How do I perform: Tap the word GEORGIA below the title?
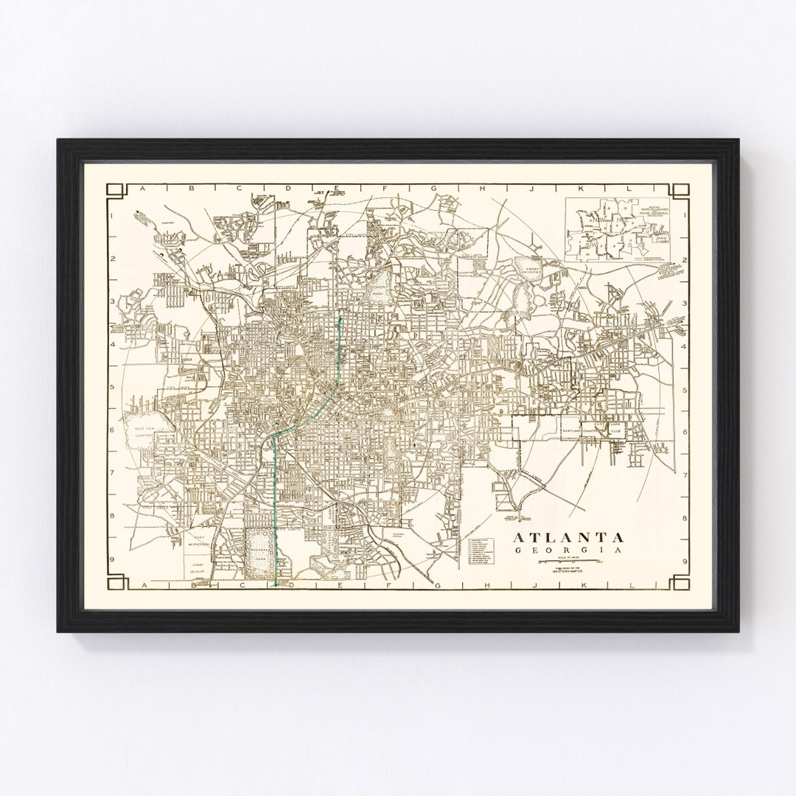pos(568,551)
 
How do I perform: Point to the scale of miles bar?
pos(568,562)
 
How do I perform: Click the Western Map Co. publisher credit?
pos(568,572)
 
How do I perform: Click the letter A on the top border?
pos(144,189)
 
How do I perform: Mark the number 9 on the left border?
pos(111,561)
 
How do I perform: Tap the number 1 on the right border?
pos(685,216)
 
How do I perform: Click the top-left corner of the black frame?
pos(59,139)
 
